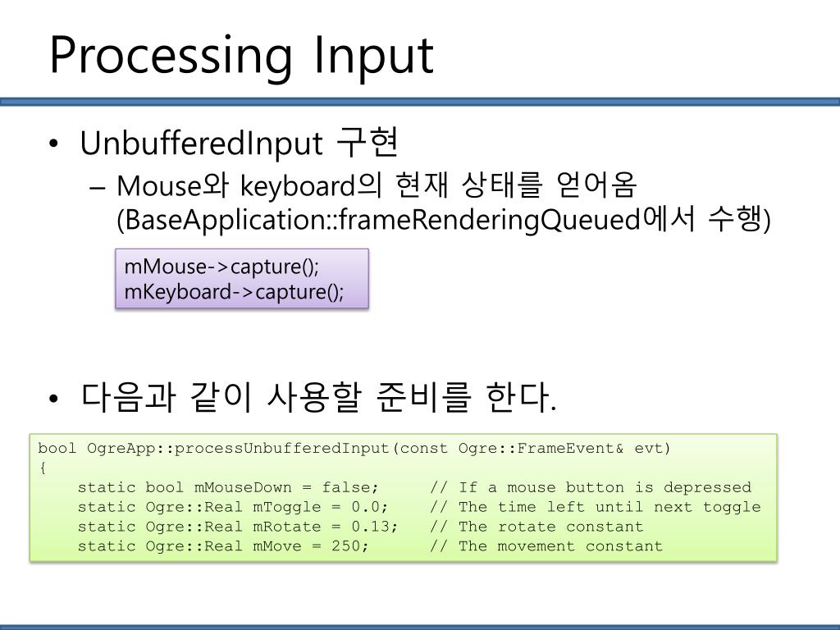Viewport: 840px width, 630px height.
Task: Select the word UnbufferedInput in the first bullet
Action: pos(199,144)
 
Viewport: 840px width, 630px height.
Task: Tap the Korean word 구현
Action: pos(366,144)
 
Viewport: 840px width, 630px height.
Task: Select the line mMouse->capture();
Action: pos(221,268)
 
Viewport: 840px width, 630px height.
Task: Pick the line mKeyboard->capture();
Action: pos(234,291)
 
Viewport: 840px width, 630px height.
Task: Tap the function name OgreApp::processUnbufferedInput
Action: pos(237,448)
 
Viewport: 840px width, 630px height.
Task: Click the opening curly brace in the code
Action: pos(43,468)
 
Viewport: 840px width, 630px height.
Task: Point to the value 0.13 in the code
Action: pos(367,527)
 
